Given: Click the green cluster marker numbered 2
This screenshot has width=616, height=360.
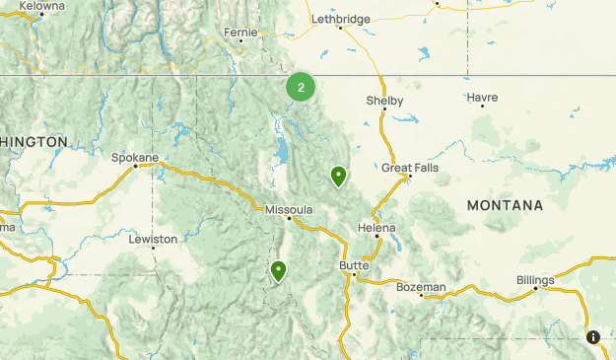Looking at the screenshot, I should pos(301,87).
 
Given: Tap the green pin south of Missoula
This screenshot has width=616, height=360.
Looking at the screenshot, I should pos(279,270).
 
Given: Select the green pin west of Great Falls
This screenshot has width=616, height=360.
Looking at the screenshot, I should pos(338,177).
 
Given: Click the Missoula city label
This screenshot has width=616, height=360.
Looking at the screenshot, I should pos(289,210).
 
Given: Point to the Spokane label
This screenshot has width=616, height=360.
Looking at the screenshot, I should pos(135,157).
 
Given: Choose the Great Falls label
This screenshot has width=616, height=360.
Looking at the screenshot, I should pos(410,169).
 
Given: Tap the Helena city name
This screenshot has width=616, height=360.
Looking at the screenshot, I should pos(376,228).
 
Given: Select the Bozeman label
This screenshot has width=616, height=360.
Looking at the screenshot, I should pos(421,287).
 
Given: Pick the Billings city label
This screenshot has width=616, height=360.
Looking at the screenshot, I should pos(535,280).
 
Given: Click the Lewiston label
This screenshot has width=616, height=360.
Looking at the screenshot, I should pos(153,239).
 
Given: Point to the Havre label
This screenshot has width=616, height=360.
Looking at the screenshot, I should pos(483,98).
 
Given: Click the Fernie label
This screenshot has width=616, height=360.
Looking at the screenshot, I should pos(240,32).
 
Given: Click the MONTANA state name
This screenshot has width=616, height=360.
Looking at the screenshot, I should pos(505,205).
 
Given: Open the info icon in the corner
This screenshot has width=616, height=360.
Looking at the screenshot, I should pos(593,337).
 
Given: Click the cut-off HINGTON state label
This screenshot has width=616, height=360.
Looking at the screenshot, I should pos(34,142).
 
